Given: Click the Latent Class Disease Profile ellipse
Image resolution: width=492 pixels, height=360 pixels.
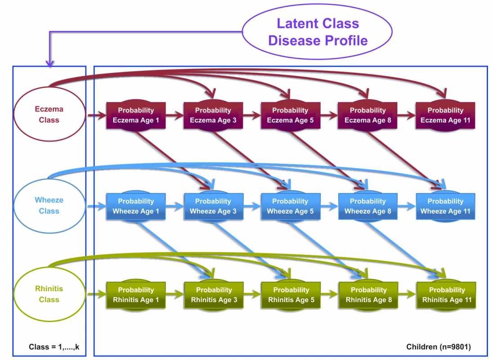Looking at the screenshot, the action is (317, 31).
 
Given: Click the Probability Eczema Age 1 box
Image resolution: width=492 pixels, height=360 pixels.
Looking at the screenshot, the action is (136, 115).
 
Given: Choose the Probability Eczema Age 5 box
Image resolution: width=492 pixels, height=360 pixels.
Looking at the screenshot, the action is (290, 115).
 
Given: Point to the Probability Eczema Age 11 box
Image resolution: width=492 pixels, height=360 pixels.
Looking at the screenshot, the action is (445, 115).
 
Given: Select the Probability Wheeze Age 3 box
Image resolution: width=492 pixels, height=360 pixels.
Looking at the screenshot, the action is (213, 206).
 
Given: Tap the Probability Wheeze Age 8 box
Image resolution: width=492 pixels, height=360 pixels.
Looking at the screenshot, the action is (368, 206).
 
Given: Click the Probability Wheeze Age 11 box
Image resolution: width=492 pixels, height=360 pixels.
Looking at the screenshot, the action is (445, 206).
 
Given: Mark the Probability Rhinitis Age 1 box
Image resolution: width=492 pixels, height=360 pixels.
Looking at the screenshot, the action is (136, 295).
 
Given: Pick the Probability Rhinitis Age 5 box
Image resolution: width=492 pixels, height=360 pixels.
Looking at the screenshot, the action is (291, 295).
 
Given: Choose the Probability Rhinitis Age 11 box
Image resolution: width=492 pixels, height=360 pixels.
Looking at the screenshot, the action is (447, 295).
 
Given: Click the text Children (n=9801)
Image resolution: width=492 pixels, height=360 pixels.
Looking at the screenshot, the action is (438, 347).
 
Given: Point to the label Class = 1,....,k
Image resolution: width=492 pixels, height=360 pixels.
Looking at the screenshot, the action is (54, 347).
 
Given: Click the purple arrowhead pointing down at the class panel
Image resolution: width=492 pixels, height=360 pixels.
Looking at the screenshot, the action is (49, 63).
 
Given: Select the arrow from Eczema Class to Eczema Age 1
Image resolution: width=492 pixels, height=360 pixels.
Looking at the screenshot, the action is (97, 116).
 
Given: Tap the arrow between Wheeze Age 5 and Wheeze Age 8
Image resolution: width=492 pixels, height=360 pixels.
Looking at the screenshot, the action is (330, 206).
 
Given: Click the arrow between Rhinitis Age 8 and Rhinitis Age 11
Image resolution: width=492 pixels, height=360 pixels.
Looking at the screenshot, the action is (407, 294).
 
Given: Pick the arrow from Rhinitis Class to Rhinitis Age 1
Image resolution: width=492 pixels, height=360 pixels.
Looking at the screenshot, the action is (97, 294).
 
